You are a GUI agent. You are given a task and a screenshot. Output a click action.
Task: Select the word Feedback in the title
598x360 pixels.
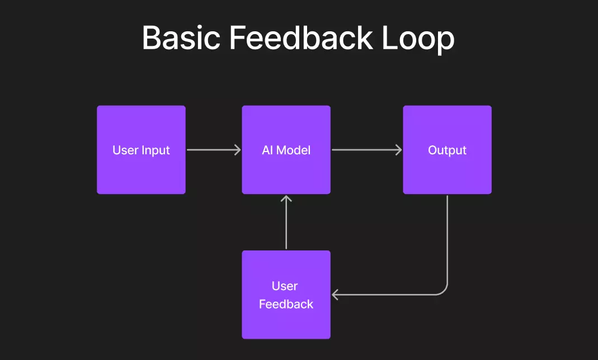[302, 39]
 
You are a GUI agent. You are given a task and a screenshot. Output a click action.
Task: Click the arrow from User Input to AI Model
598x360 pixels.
[213, 150]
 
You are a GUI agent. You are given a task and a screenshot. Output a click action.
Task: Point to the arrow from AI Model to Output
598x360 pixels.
[366, 150]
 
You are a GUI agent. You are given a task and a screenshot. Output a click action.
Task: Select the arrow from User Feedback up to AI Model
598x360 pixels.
[286, 224]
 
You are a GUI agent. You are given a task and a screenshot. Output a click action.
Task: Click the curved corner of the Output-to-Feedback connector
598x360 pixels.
[444, 291]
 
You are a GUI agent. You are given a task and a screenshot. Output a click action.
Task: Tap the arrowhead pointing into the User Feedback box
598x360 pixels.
[335, 294]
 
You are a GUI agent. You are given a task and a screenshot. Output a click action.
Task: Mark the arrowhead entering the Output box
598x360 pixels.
[399, 150]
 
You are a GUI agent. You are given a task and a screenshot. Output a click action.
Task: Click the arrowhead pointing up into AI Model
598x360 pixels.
[286, 198]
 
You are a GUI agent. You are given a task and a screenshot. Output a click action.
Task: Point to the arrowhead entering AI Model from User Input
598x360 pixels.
[238, 150]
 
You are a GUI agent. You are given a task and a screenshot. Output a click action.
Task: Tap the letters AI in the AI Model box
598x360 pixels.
[267, 150]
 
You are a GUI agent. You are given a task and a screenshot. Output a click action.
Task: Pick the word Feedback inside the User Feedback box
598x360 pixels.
[286, 304]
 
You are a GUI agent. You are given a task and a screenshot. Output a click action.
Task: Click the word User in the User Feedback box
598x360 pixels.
[285, 286]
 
